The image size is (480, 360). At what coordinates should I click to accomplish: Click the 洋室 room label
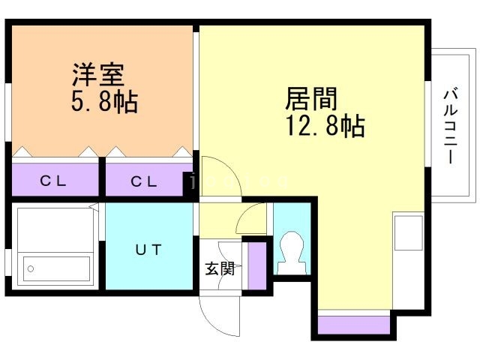coord(98,74)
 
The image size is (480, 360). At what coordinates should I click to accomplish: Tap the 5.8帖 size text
coord(104,102)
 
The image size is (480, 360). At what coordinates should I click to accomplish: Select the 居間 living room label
coord(311,98)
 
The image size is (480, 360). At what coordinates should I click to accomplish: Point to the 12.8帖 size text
coord(325,125)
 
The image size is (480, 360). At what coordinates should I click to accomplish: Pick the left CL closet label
coord(52,181)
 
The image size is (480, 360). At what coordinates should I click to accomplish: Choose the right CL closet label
coord(143,181)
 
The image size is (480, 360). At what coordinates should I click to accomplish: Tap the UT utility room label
coord(148,250)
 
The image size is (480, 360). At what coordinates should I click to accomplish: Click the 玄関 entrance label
coord(220,268)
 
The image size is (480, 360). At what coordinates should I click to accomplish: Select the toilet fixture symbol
coord(292,253)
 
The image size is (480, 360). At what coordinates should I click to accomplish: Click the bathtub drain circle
coord(30,269)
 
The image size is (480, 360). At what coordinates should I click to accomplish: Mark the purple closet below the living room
coord(354,325)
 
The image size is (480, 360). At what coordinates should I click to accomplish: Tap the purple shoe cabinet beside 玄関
coord(256,265)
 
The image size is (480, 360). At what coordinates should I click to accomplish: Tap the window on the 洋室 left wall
coord(8,112)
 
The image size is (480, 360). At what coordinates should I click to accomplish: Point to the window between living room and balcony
coord(428,124)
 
